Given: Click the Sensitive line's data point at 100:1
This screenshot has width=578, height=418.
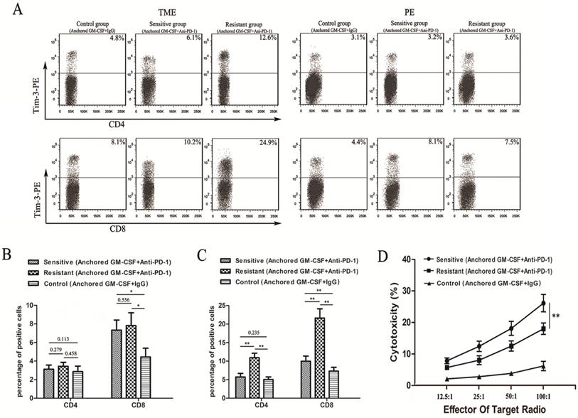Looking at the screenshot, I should [543, 304].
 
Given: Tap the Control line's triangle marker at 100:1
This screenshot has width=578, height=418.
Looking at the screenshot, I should [543, 366].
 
